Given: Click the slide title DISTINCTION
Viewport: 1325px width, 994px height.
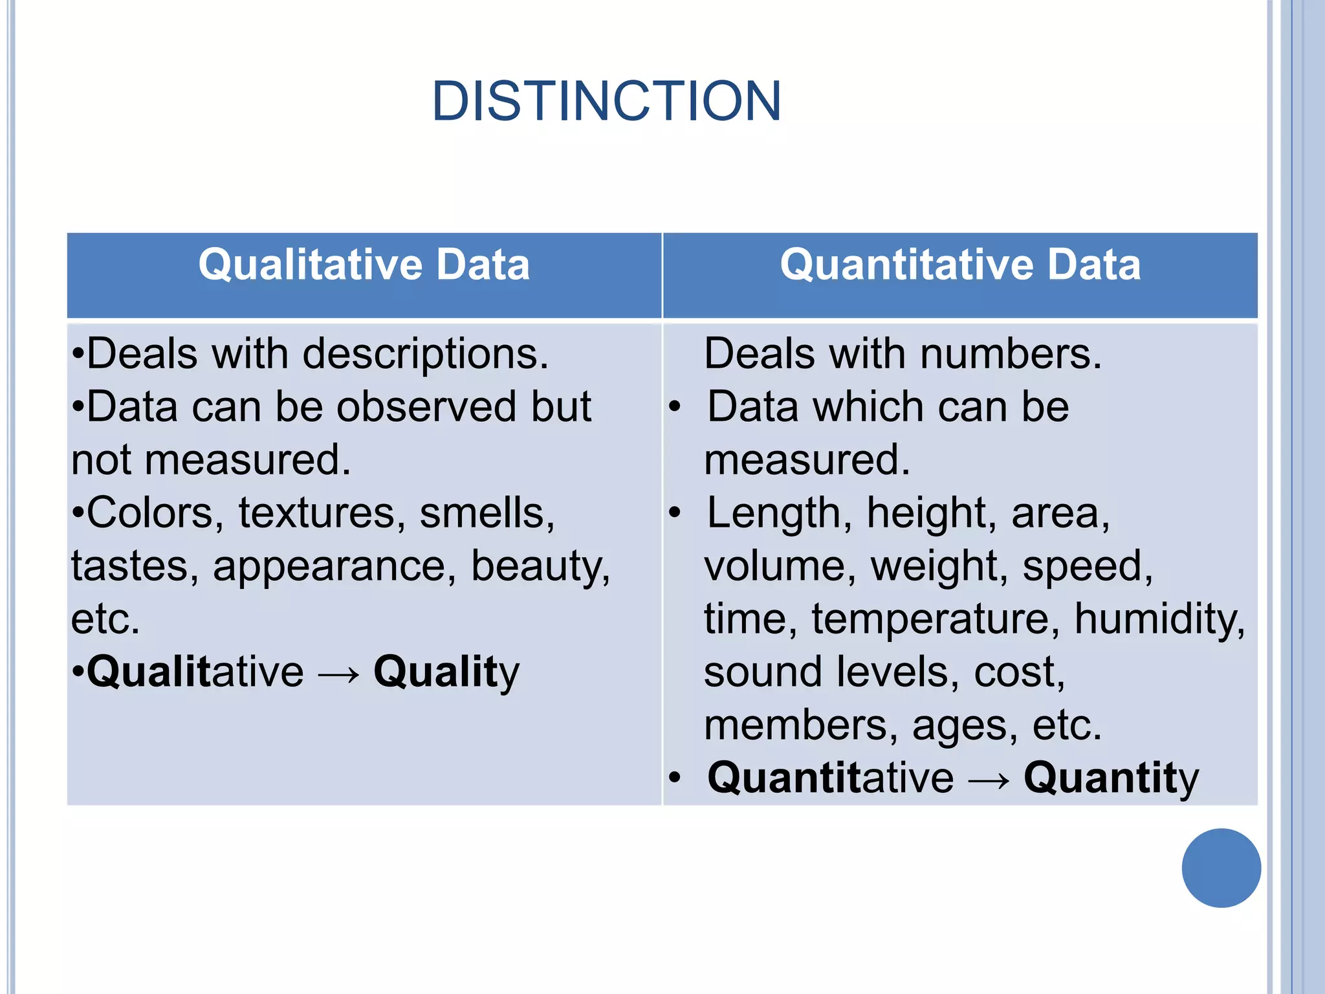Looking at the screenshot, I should click(606, 101).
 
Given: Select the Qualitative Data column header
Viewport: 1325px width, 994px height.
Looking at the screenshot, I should click(364, 265).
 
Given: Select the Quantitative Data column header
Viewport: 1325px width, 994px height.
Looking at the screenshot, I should click(960, 265).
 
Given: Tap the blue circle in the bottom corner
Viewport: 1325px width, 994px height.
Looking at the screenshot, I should click(1221, 868).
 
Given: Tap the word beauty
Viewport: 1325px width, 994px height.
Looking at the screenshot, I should click(540, 567).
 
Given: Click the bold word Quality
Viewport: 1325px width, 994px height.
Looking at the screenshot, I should click(446, 672).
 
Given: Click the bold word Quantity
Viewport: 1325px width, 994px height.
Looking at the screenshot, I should click(1111, 778).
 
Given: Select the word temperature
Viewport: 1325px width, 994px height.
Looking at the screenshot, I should click(936, 619).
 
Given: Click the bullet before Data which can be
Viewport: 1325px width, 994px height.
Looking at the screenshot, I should click(675, 408).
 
